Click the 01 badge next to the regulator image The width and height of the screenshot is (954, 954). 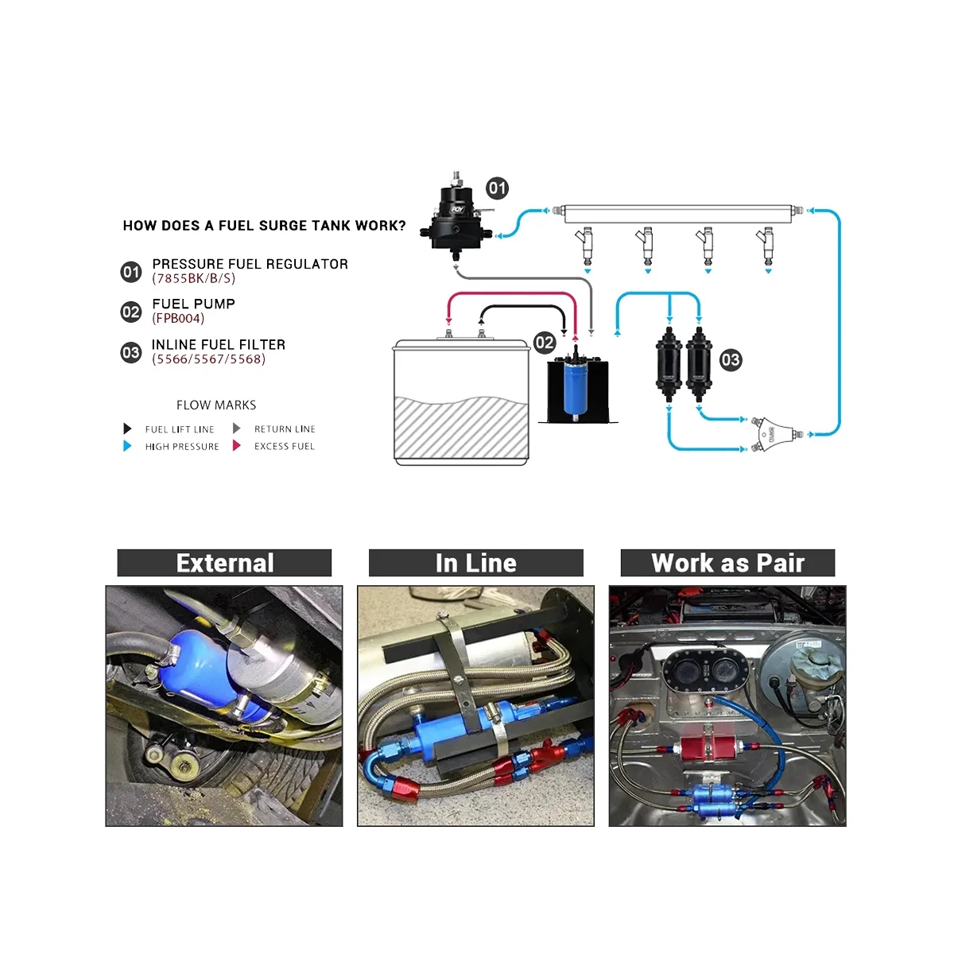(497, 188)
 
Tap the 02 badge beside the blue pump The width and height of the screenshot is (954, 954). (545, 343)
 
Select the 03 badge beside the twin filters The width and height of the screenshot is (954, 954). (730, 360)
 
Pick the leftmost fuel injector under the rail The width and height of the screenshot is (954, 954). (587, 244)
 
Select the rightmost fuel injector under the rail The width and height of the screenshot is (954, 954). (767, 244)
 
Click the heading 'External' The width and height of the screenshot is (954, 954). (224, 563)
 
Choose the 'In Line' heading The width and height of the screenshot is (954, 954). (475, 563)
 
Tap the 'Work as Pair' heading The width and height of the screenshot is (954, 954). (727, 563)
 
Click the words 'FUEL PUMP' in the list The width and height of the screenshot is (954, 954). (193, 304)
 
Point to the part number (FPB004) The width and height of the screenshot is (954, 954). (178, 319)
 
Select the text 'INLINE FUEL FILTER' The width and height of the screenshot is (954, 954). (219, 344)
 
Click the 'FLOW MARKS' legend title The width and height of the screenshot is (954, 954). (216, 405)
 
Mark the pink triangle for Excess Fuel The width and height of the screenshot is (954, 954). (236, 446)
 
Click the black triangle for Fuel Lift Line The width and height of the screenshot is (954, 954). (127, 429)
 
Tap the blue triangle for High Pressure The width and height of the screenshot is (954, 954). (127, 446)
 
